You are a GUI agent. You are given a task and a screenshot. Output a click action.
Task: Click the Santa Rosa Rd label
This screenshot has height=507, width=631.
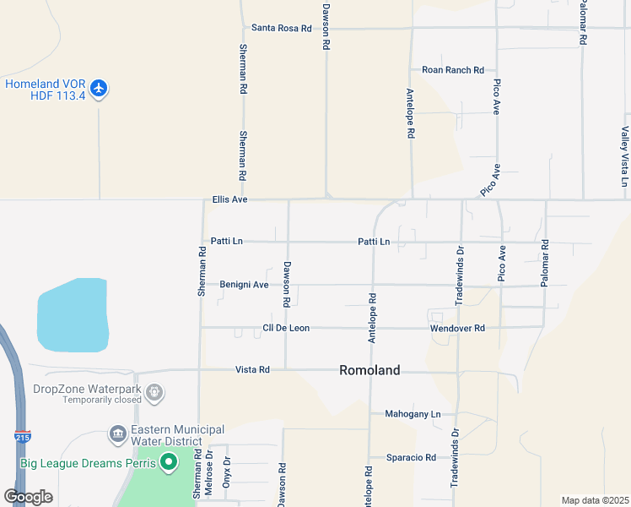pos(282,28)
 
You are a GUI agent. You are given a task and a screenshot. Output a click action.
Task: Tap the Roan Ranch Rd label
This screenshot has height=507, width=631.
pos(453,70)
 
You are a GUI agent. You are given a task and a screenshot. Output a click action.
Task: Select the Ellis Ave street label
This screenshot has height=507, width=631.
pos(229,200)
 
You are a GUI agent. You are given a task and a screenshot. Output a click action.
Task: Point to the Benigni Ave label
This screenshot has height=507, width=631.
pos(244,285)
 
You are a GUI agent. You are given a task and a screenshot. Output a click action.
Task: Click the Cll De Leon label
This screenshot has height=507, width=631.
pos(286,328)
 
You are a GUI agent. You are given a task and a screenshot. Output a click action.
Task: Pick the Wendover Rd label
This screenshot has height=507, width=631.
pos(457,328)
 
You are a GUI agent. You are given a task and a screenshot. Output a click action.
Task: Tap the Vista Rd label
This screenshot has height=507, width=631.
pos(252,370)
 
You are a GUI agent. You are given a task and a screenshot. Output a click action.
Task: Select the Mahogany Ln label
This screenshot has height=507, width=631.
pos(413,414)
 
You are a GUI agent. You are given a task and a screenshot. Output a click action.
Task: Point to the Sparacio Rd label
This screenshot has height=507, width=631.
pos(411,457)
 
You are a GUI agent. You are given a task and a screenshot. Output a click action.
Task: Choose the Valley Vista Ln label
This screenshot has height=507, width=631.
pos(624,157)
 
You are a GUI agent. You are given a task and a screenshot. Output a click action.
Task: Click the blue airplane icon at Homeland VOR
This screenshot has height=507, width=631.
pos(100,89)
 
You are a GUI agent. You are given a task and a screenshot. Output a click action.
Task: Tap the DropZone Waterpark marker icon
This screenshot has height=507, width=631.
pos(154,392)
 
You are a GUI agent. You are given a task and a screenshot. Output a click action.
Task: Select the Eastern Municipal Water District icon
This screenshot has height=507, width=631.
pos(117,435)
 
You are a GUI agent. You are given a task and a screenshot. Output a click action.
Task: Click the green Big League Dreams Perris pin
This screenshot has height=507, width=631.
pos(169,462)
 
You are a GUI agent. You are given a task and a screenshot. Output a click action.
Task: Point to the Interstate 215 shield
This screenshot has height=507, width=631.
pos(22,436)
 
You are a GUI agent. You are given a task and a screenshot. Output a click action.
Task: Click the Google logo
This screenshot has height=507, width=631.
pos(28,497)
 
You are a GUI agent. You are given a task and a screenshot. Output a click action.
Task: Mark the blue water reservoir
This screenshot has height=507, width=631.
pos(73,315)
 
